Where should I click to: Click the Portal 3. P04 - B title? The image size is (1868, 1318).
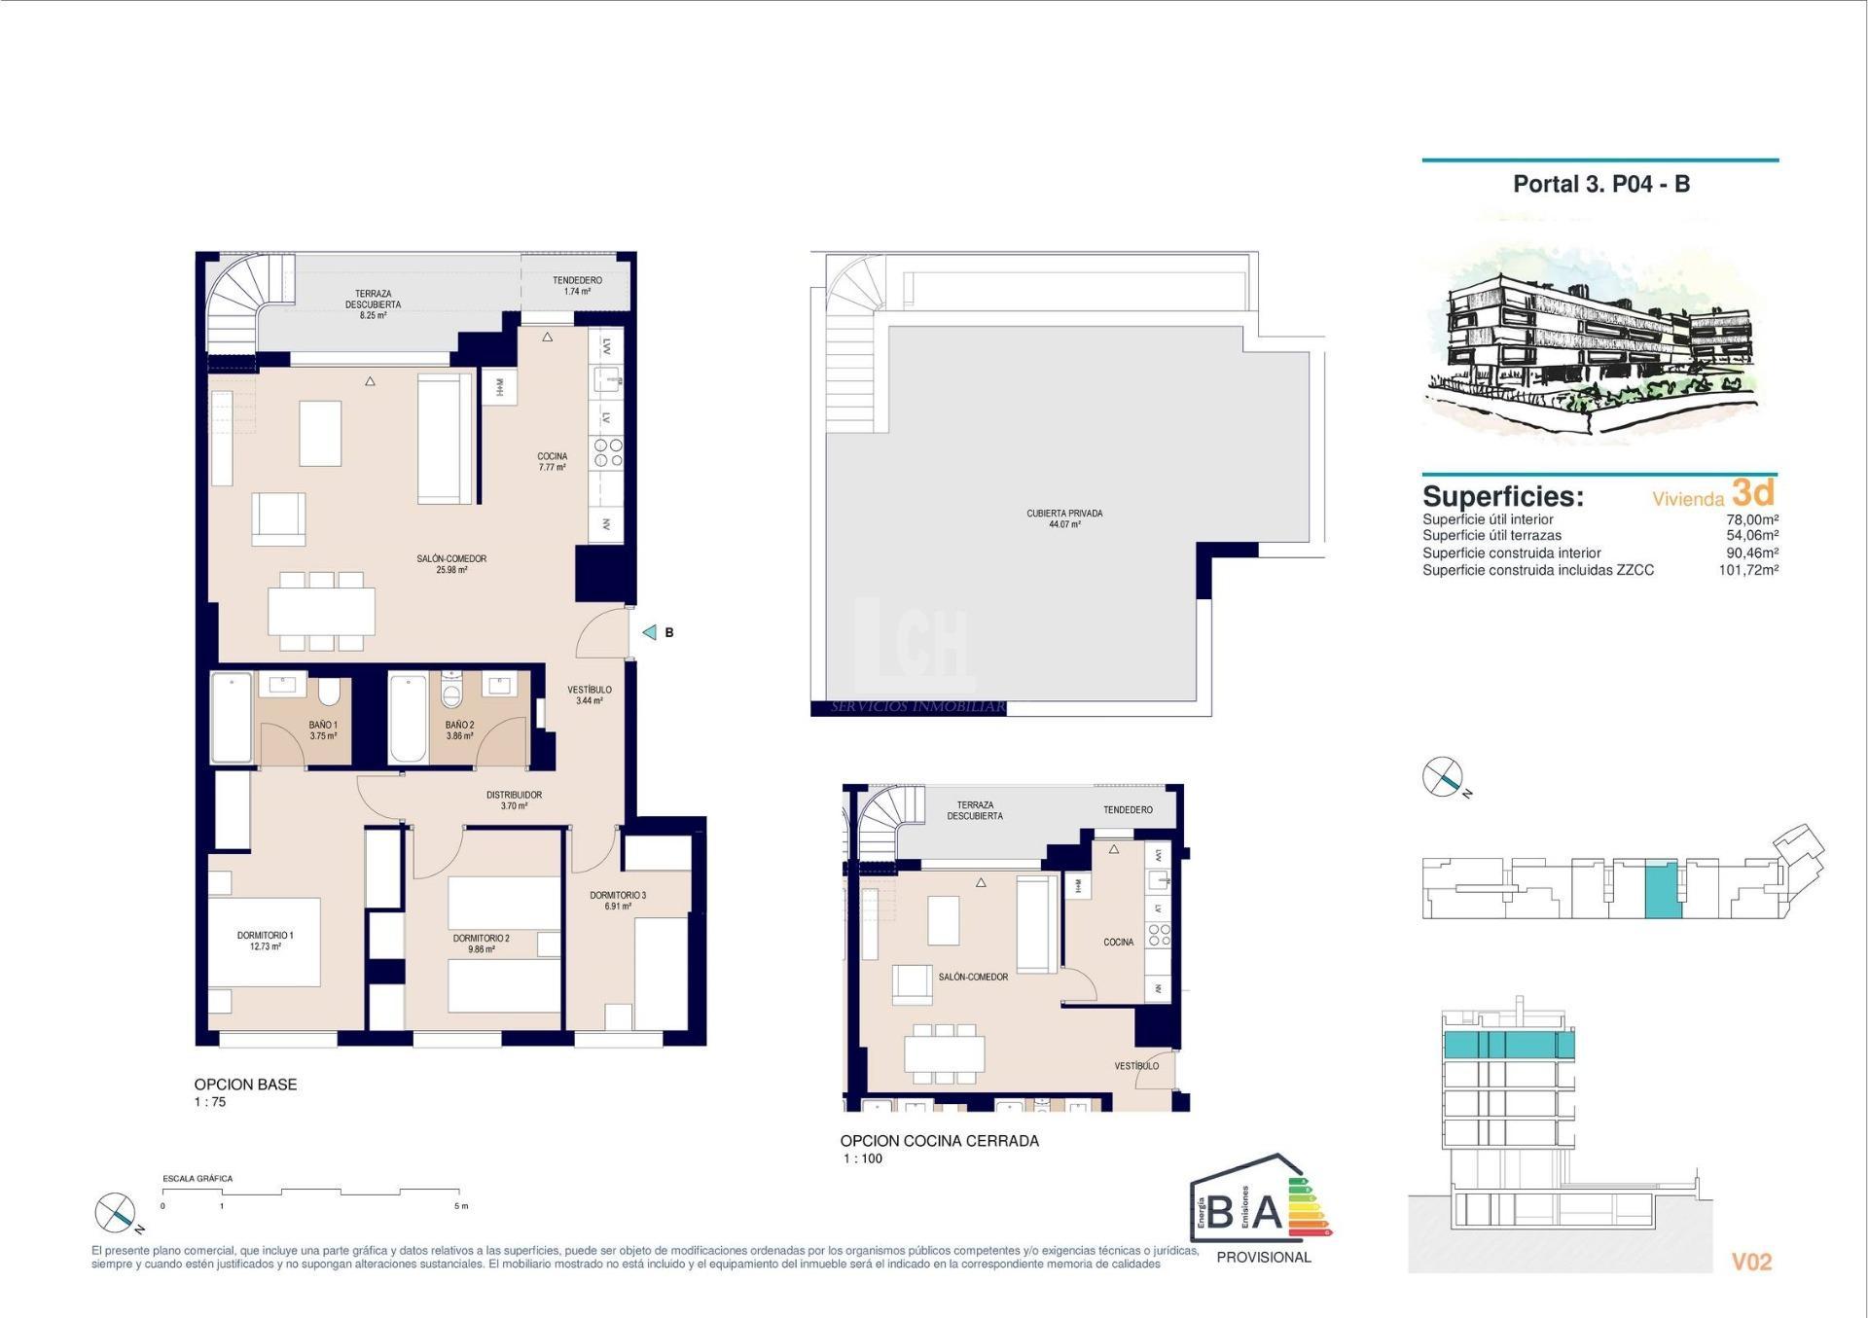click(1600, 184)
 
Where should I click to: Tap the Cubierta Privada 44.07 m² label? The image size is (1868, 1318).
click(1064, 518)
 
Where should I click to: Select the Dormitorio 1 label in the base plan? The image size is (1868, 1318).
click(265, 941)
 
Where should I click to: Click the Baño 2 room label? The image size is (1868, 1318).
click(459, 730)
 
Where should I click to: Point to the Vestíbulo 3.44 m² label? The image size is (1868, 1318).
click(590, 695)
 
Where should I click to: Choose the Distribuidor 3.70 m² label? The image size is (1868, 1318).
click(514, 800)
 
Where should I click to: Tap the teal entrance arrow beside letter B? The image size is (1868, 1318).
click(650, 632)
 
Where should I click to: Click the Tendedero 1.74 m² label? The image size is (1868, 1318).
click(577, 285)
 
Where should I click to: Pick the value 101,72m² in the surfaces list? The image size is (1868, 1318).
click(1747, 570)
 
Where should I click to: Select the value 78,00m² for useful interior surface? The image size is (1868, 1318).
click(1751, 519)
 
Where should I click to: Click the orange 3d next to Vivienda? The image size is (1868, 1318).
click(1753, 492)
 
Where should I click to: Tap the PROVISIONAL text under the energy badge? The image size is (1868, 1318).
click(1263, 1257)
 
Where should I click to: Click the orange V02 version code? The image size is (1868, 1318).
click(1751, 1262)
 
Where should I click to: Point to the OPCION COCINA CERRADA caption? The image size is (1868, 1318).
click(939, 1141)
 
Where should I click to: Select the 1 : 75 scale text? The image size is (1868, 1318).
click(210, 1102)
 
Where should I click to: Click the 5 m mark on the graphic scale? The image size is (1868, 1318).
click(460, 1206)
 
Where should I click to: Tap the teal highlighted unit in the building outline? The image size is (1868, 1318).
click(1662, 889)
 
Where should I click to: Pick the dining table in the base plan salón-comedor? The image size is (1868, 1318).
click(321, 611)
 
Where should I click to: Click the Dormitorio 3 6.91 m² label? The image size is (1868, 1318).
click(618, 900)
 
